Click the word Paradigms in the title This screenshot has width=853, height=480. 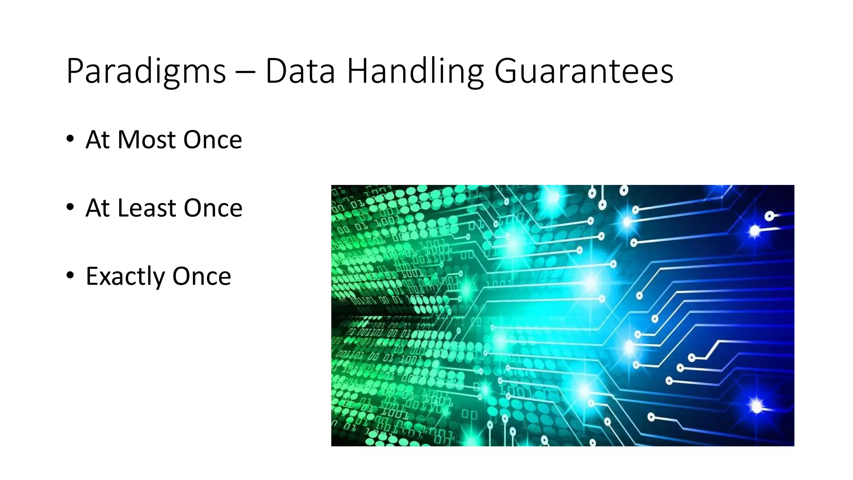[146, 72]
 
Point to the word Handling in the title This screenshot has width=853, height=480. [415, 72]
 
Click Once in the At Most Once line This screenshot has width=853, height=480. [212, 140]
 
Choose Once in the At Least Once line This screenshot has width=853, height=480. [213, 208]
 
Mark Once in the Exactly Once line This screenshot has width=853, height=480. [202, 276]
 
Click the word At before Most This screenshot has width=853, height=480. [97, 140]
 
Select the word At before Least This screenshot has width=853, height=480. [97, 208]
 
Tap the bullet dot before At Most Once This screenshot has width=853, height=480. [70, 139]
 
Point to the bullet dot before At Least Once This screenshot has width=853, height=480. [70, 207]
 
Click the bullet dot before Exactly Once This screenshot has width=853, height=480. [70, 275]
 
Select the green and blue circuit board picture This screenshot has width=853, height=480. [562, 315]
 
